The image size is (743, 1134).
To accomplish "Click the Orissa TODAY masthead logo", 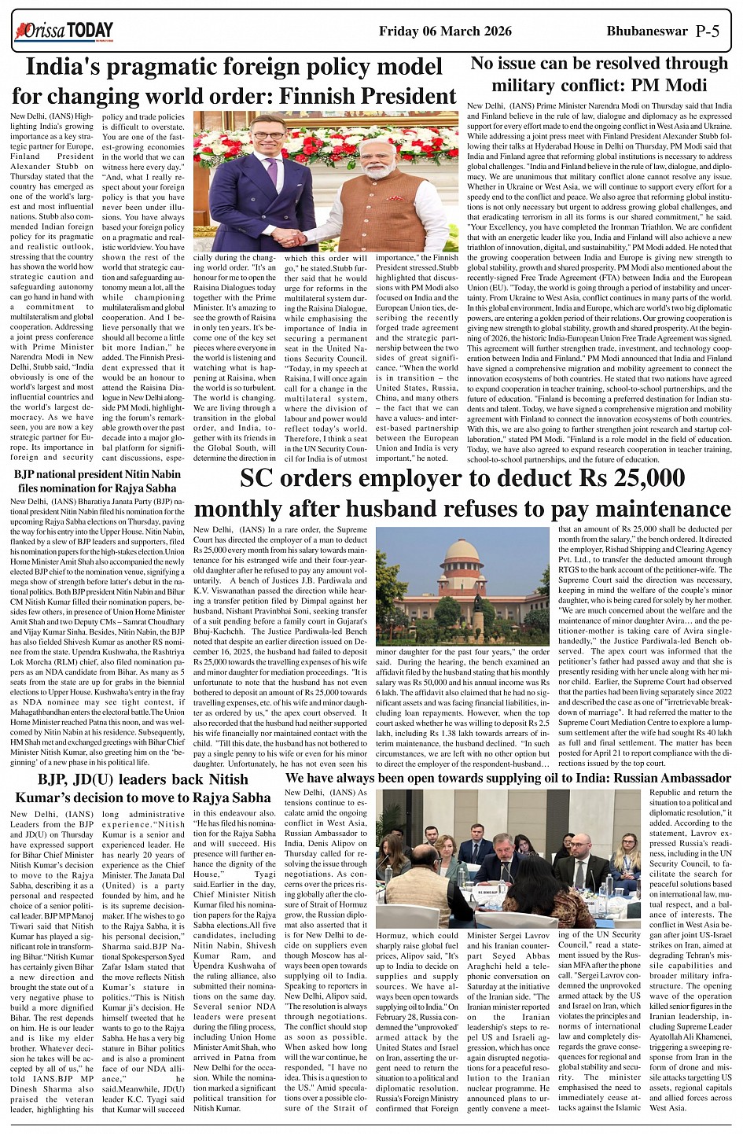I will pos(63,31).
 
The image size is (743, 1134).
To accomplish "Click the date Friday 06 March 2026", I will pos(445,31).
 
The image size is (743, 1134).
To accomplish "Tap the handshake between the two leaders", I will pos(290,236).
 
